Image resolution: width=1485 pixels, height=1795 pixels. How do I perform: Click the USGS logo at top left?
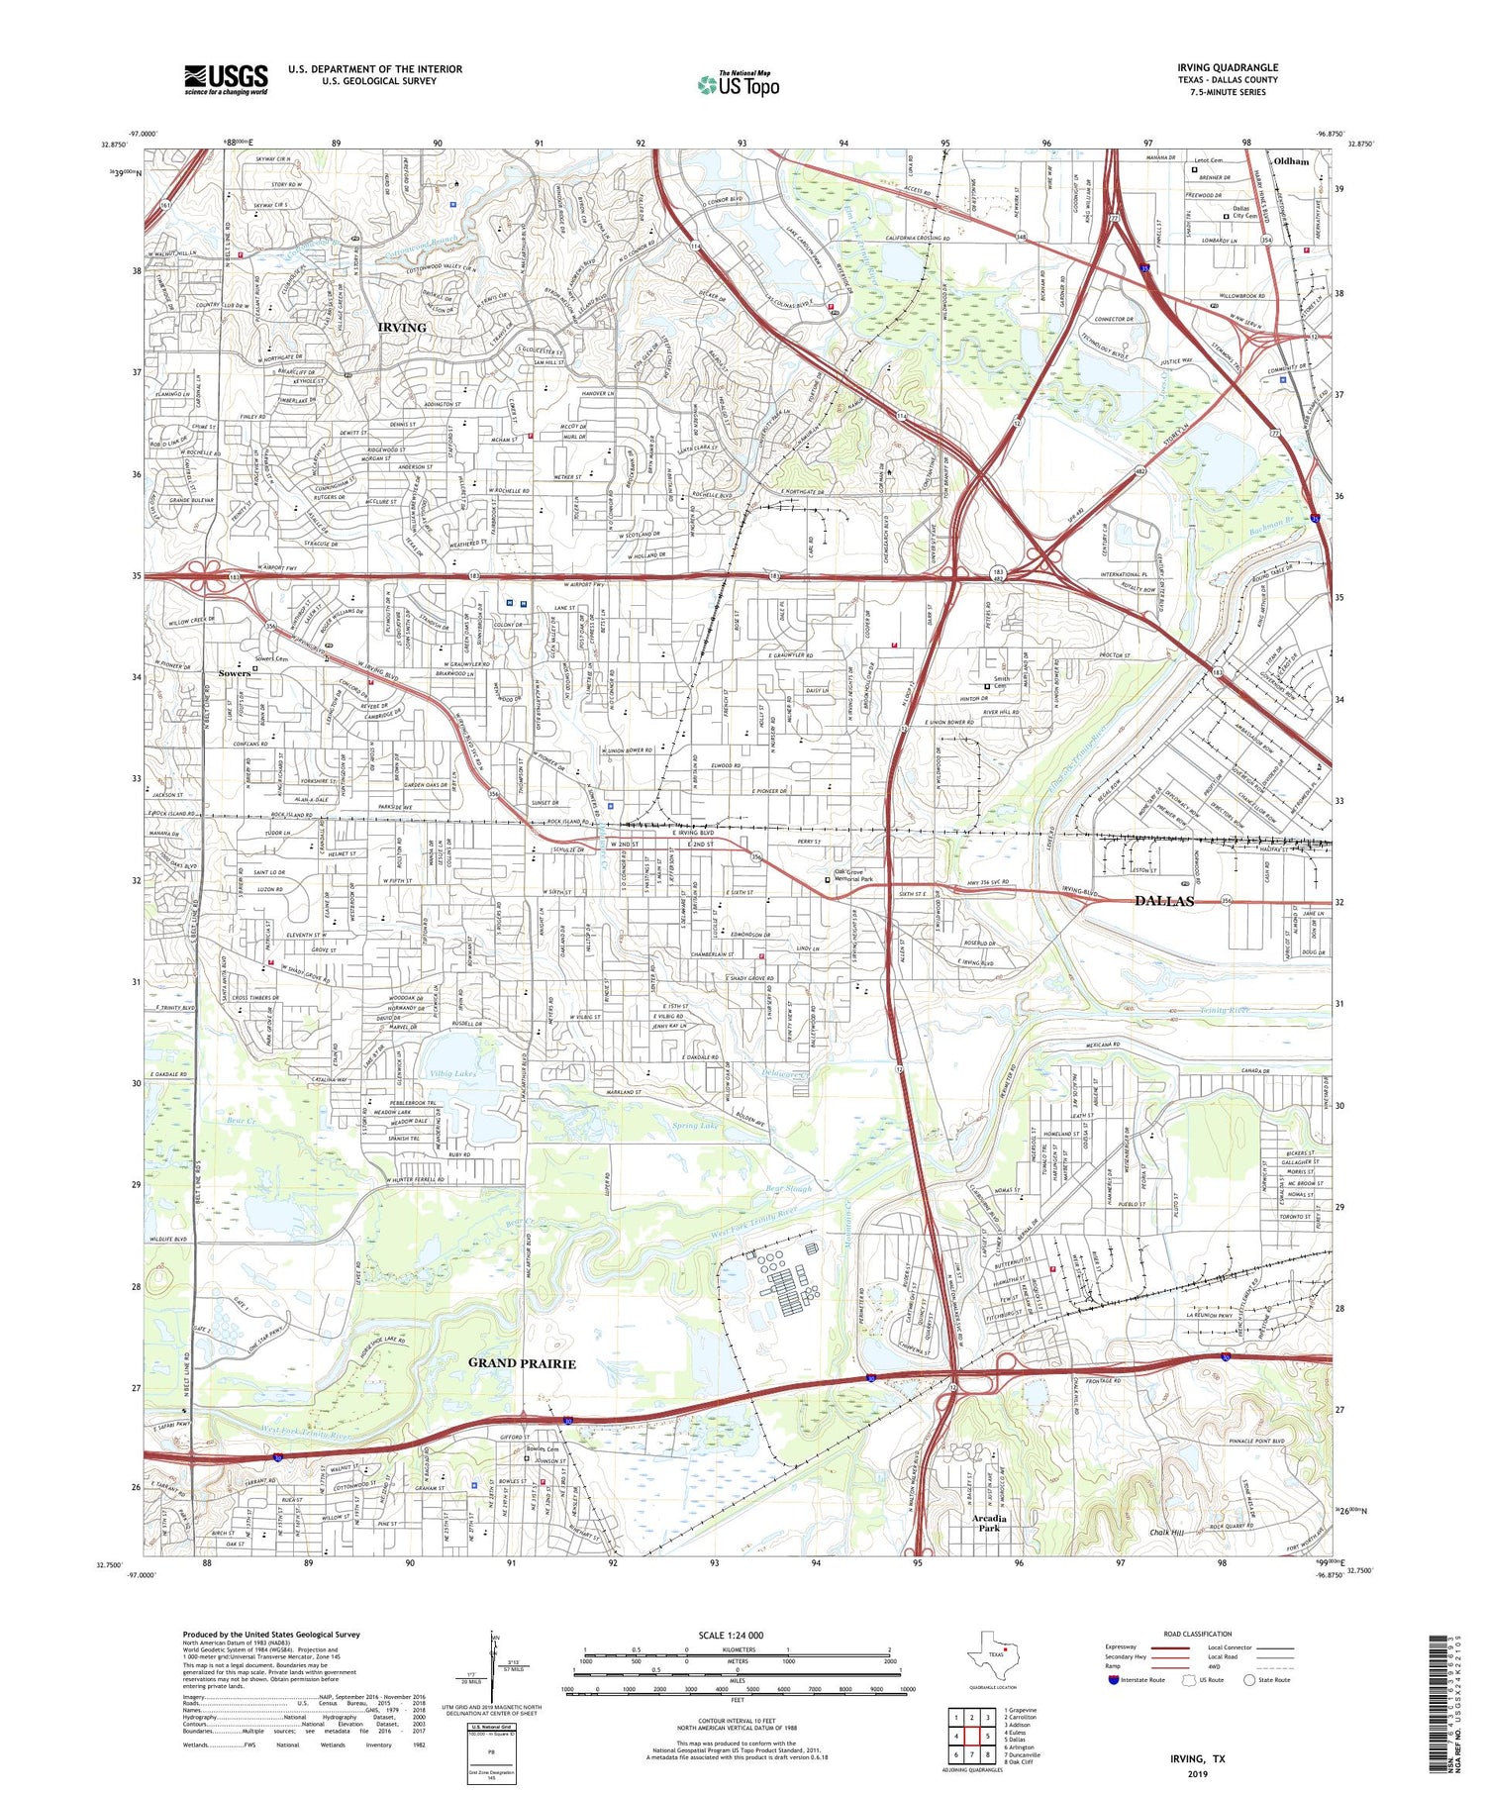click(226, 79)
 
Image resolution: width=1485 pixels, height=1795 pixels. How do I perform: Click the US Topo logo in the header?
click(738, 85)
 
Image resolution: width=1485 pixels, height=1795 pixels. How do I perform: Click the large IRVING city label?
click(401, 327)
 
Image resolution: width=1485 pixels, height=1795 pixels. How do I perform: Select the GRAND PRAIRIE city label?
click(522, 1363)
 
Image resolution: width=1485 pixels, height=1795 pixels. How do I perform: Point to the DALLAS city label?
click(1163, 901)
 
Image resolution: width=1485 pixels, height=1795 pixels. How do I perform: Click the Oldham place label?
click(1291, 160)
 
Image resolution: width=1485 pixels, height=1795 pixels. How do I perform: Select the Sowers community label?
click(235, 673)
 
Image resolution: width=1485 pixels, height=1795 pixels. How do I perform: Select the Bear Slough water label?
click(789, 1188)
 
